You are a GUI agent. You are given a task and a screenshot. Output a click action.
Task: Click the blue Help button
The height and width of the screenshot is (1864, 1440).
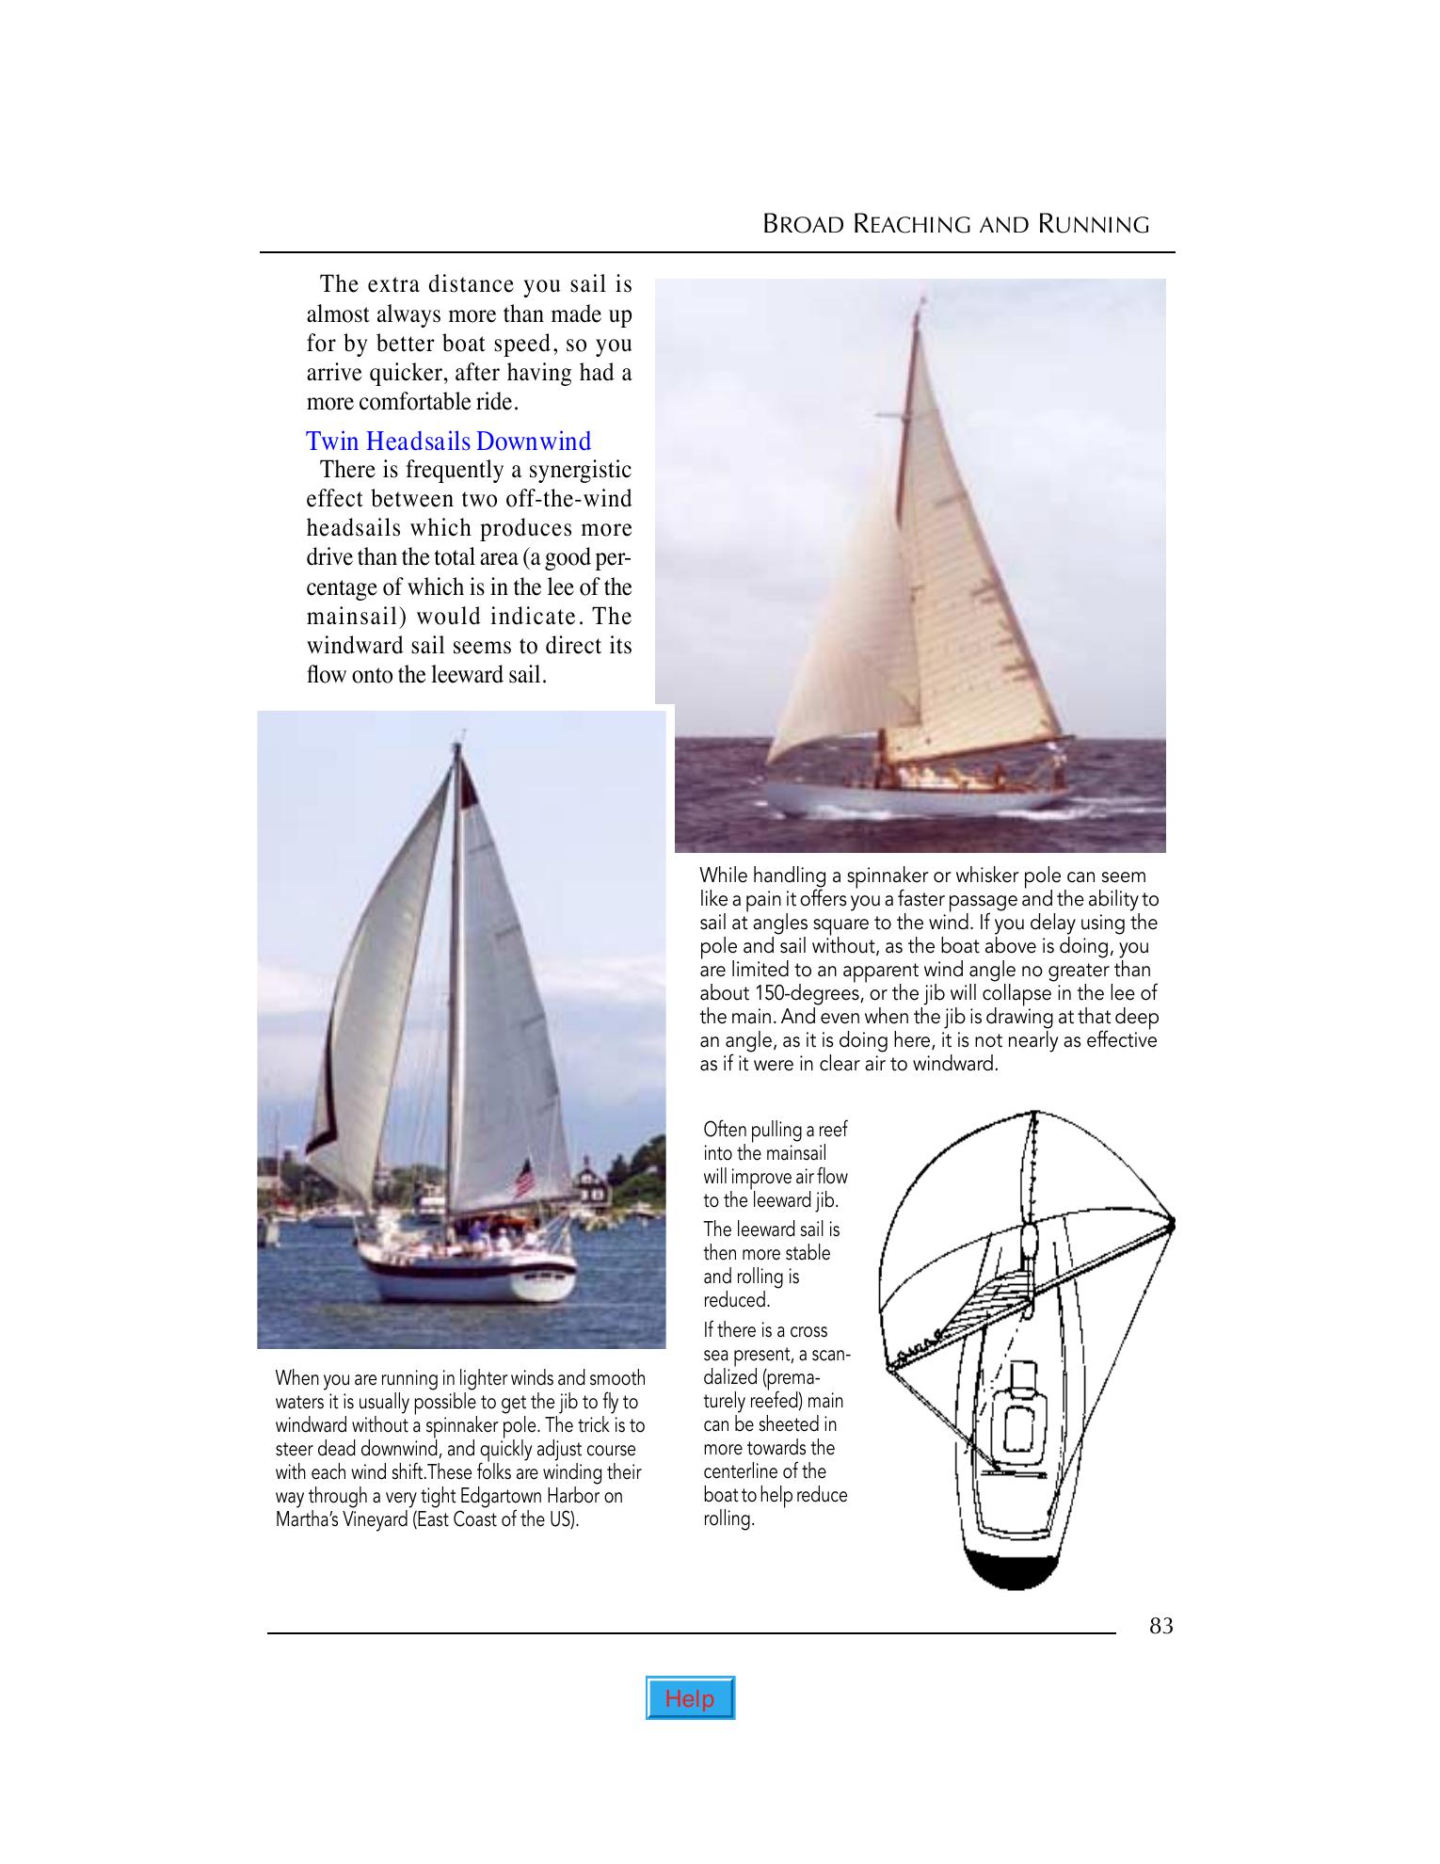690,1698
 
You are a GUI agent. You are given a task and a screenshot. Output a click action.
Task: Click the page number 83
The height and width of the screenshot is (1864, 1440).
1161,1626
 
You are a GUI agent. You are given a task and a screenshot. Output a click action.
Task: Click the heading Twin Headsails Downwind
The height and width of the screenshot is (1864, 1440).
449,442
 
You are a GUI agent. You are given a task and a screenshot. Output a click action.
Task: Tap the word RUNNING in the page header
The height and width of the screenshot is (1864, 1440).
1095,225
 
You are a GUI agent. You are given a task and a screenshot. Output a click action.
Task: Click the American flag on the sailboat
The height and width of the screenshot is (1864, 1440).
523,1178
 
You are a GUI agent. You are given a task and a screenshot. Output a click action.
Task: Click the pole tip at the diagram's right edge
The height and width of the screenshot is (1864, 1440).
1172,1223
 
